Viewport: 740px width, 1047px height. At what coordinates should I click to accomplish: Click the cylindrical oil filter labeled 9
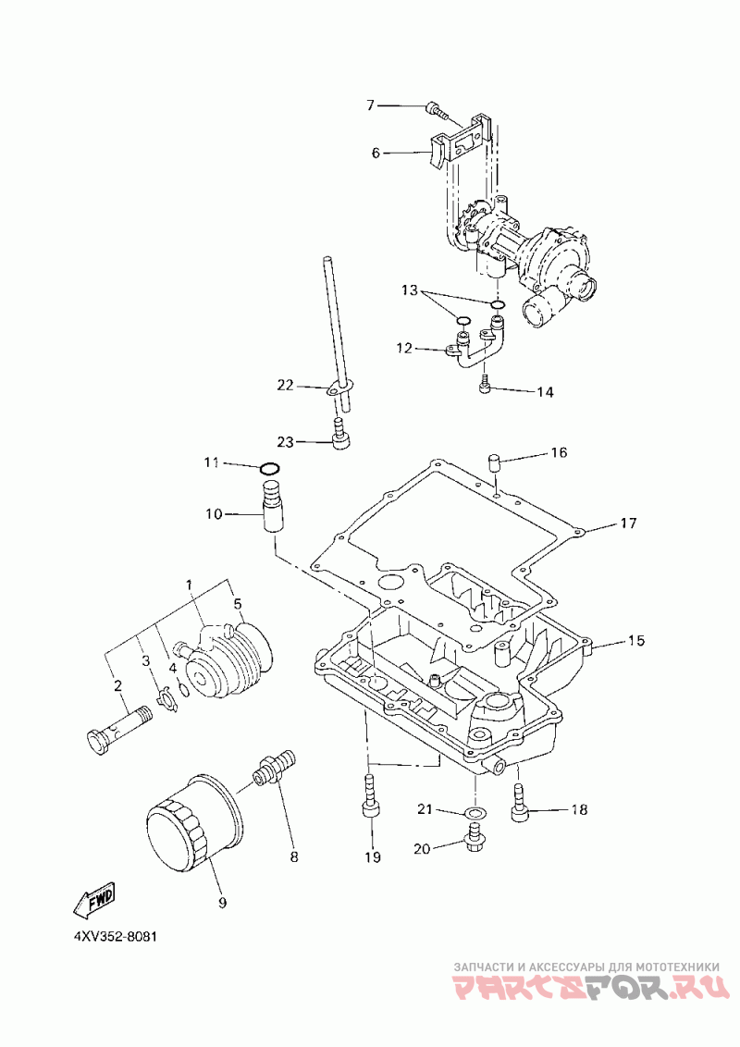[x=192, y=819]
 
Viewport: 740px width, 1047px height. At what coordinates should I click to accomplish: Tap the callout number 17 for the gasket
[x=628, y=523]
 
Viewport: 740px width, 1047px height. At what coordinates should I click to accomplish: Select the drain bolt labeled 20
[x=475, y=840]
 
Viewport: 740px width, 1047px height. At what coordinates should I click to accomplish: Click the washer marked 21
[x=475, y=812]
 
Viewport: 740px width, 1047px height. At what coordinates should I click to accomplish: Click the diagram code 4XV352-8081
[x=116, y=936]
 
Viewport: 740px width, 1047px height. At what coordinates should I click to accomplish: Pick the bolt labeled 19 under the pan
[x=370, y=798]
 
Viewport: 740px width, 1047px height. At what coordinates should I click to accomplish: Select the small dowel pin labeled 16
[x=494, y=460]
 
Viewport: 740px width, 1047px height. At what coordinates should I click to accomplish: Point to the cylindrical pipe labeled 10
[x=271, y=511]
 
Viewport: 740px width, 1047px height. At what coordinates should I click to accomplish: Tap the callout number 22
[x=285, y=384]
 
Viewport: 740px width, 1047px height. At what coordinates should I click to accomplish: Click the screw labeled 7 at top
[x=436, y=112]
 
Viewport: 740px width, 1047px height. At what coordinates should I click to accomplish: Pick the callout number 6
[x=376, y=153]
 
